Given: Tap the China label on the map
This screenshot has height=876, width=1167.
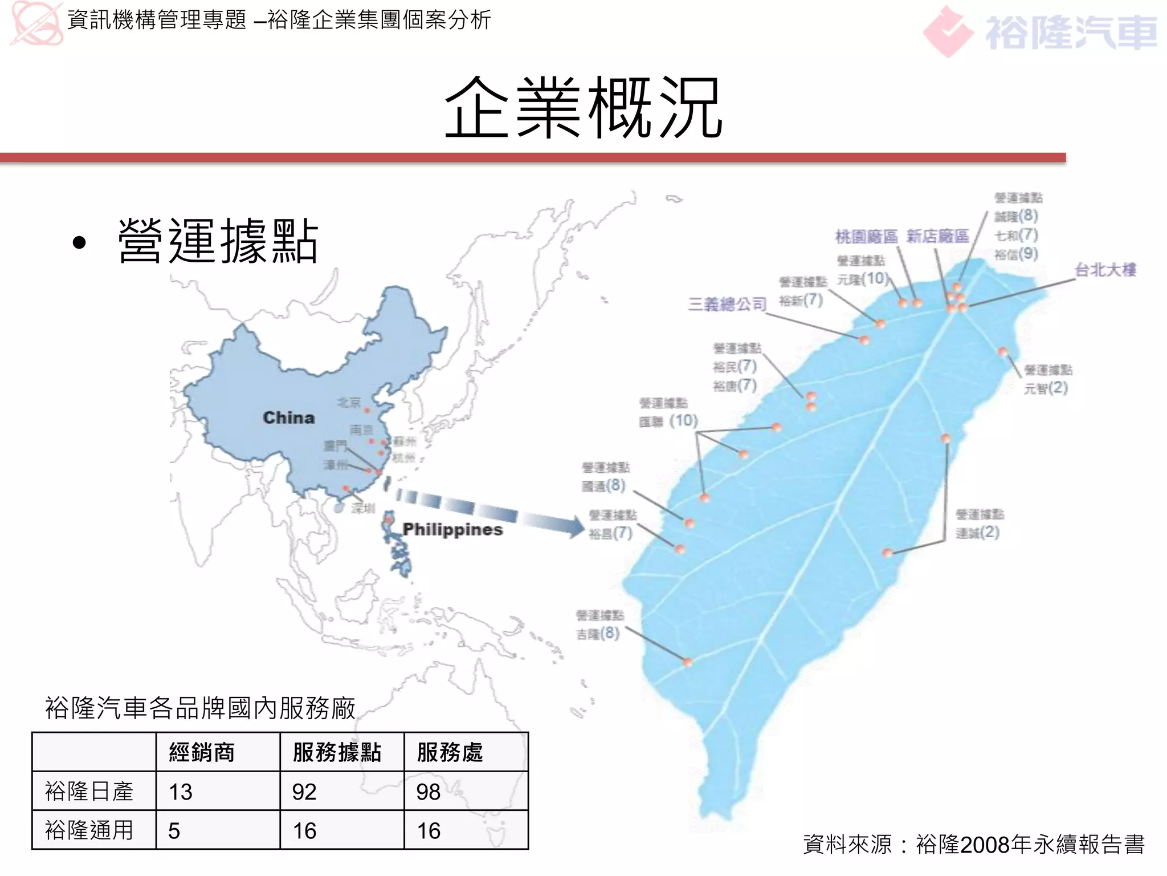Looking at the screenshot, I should [288, 417].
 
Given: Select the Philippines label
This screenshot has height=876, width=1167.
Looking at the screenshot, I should [452, 529].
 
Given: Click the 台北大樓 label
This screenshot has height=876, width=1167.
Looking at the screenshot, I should [1105, 270].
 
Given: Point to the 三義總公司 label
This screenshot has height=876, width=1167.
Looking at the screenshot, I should [727, 304].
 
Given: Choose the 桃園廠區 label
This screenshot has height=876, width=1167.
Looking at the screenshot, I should [866, 236].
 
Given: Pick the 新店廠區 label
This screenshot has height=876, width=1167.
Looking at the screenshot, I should [937, 236].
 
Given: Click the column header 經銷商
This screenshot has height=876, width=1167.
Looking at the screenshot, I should [202, 752].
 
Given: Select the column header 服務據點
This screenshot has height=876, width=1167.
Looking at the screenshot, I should [337, 752].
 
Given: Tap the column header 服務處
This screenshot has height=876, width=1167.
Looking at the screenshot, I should [450, 752].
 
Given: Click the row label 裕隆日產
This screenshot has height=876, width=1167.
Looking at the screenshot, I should [89, 792].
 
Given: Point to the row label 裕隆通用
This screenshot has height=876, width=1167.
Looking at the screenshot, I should [89, 830].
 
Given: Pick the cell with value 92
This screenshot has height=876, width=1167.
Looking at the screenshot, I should [304, 792].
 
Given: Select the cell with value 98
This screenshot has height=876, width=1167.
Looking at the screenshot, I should [429, 792].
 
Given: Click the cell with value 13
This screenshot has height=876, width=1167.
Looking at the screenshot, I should [181, 792].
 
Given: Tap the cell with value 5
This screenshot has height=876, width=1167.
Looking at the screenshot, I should [174, 830].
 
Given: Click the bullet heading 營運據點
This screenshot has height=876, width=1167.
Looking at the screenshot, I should [218, 241].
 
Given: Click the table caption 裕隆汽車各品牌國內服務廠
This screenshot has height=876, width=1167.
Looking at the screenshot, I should [200, 708].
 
